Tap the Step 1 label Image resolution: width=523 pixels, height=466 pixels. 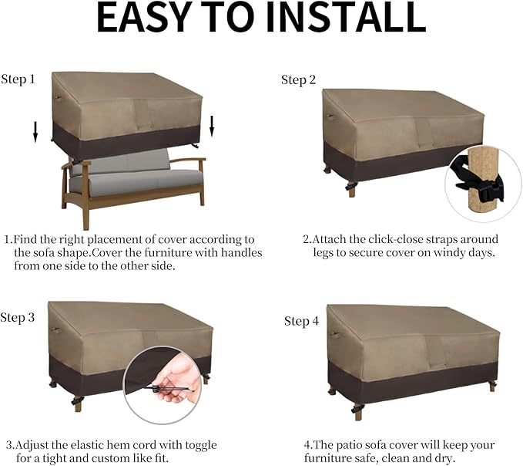coord(18,79)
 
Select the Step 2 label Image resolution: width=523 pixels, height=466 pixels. coord(298,80)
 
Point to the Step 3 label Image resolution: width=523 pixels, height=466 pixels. coord(18,318)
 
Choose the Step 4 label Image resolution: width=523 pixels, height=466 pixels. coord(301,322)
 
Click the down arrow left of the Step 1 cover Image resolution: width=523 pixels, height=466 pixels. coord(35,132)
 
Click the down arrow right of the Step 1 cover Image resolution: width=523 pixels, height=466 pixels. coord(212,127)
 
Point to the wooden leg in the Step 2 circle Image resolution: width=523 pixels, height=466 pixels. coord(484,183)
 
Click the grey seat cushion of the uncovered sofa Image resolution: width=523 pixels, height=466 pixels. coord(135,182)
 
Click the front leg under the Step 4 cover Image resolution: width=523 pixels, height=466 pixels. coord(358,412)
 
